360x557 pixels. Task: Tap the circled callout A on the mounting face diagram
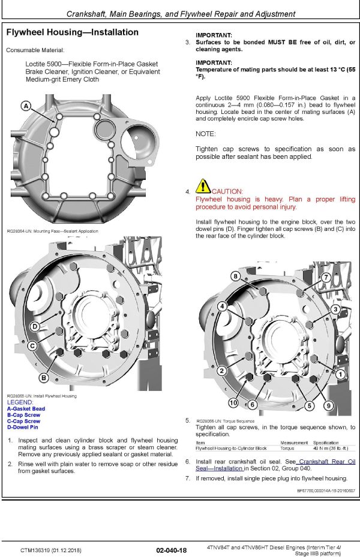26,106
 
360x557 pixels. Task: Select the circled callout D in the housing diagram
35,326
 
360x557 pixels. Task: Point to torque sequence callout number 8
236,276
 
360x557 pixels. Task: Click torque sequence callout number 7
326,277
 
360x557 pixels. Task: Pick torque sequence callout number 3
336,309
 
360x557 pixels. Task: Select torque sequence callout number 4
222,306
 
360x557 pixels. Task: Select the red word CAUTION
227,191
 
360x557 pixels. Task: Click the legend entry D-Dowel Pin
23,427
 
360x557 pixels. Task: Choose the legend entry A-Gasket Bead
26,409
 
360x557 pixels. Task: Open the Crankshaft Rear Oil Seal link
327,461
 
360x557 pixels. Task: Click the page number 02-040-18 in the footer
171,550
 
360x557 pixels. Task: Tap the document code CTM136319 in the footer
35,550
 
